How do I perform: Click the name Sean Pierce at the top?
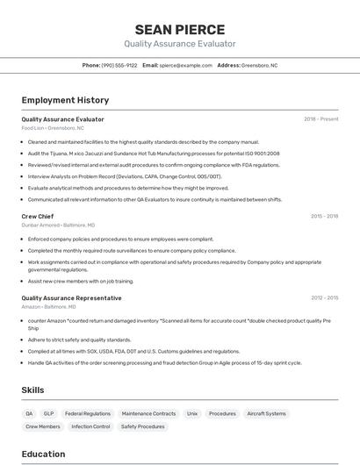click(x=179, y=29)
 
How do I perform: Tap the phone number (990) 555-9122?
click(x=119, y=65)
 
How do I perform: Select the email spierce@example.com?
click(x=184, y=65)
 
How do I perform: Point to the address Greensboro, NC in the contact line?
click(x=259, y=65)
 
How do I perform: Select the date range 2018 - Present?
click(x=320, y=119)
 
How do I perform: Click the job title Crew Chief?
click(x=38, y=216)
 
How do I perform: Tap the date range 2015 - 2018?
click(x=324, y=216)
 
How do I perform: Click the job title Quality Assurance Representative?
click(x=72, y=297)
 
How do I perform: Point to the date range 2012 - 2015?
click(x=324, y=297)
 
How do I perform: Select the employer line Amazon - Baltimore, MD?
click(x=48, y=307)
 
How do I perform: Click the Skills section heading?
click(x=33, y=390)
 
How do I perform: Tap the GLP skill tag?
click(x=49, y=413)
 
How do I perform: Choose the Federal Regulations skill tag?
click(x=88, y=413)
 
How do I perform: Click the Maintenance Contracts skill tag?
click(x=148, y=413)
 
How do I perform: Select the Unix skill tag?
click(x=192, y=413)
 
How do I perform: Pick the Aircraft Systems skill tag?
click(x=266, y=413)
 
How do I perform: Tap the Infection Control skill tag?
click(x=90, y=426)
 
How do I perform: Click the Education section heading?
click(x=43, y=454)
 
